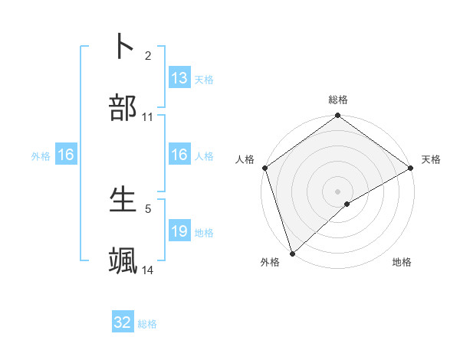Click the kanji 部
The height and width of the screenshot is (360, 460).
123,109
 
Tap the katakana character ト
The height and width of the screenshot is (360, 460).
123,46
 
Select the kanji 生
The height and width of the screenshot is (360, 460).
123,199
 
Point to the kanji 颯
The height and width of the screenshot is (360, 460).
123,261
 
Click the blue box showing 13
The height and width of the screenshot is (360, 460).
179,78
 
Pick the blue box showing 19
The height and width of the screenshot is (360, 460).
179,231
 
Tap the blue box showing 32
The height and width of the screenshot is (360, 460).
123,322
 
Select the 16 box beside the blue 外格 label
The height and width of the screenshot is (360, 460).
66,155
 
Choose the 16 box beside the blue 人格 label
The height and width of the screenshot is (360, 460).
179,155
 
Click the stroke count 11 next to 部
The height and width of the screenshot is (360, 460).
148,117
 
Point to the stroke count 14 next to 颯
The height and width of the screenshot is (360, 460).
148,270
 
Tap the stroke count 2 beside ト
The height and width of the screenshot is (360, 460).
148,55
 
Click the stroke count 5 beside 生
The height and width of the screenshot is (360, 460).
148,208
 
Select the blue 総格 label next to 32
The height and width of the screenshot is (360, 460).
147,324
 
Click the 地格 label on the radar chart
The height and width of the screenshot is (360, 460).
402,262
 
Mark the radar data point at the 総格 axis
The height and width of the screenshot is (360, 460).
337,116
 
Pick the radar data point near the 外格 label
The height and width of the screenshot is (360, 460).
292,253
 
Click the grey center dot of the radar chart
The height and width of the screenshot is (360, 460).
337,191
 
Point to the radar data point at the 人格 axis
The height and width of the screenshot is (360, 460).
264,168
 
